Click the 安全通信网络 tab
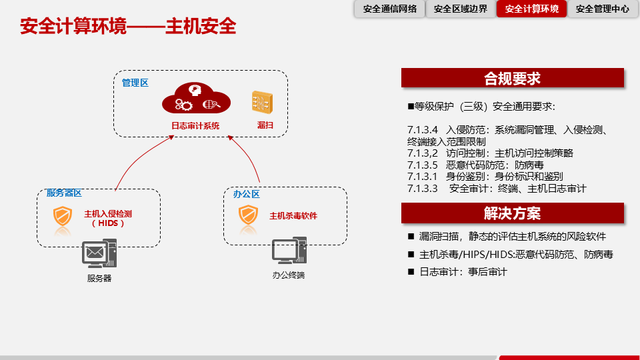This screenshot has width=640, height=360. pos(390,9)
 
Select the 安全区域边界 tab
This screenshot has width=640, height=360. pos(460,9)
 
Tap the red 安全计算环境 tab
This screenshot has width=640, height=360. pos(531,9)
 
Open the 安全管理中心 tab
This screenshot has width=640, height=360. pos(602,9)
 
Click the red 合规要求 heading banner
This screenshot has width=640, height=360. pos(512,78)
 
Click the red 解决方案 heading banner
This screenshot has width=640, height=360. pos(512,213)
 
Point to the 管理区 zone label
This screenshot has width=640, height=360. pos(135,83)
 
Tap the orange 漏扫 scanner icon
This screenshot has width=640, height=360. pos(261,101)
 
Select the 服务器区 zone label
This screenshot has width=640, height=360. pos(64,193)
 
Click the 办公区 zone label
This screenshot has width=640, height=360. pos(246,194)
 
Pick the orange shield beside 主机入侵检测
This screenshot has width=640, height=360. pos(63,217)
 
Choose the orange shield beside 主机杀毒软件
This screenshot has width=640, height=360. pos(249,215)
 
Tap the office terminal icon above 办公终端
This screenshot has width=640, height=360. pos(289,251)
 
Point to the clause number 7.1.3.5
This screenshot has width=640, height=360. pos(422,165)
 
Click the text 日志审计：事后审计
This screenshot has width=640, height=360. pos(463,272)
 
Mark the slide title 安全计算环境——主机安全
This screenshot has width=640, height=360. pos(128,27)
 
